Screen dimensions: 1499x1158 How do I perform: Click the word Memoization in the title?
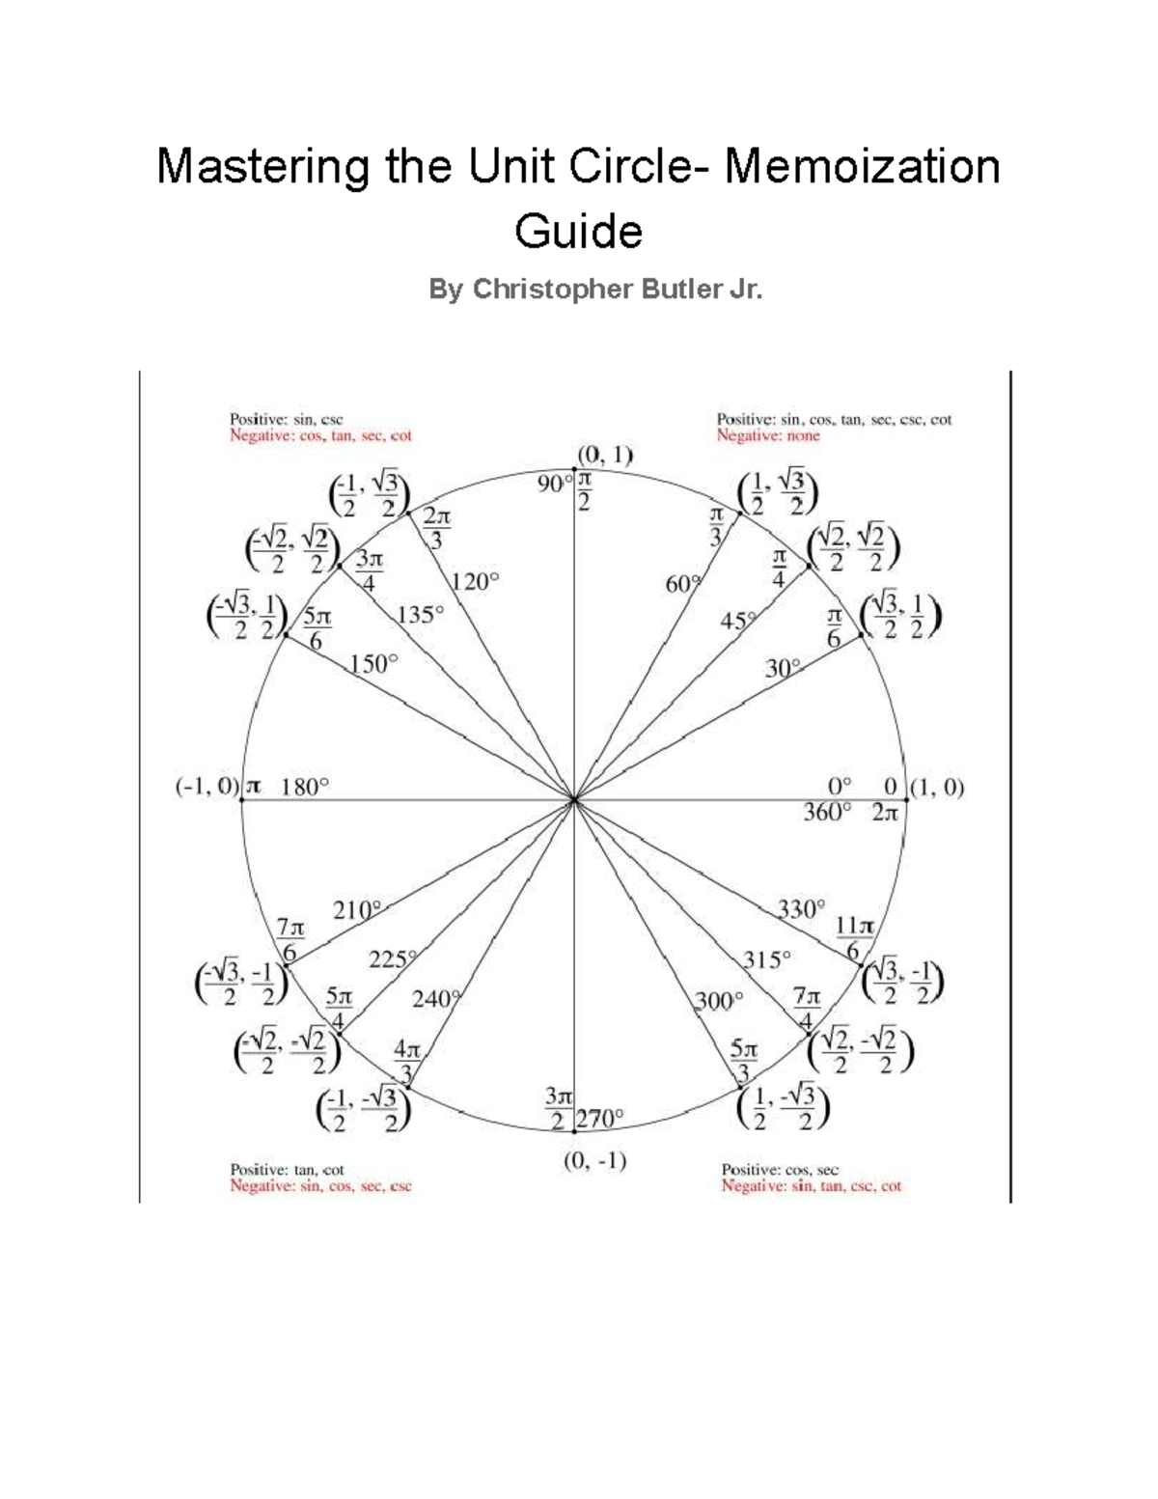pyautogui.click(x=862, y=166)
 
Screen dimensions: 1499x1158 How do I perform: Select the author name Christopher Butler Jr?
pyautogui.click(x=618, y=290)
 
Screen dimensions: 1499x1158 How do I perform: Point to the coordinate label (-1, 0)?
pyautogui.click(x=207, y=787)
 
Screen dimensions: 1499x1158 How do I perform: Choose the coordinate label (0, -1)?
pyautogui.click(x=594, y=1161)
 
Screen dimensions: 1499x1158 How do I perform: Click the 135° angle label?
pyautogui.click(x=420, y=614)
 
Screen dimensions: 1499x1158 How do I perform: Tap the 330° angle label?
pyautogui.click(x=801, y=909)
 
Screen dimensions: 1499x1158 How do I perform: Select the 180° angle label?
pyautogui.click(x=305, y=787)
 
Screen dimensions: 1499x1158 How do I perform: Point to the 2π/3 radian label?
pyautogui.click(x=436, y=529)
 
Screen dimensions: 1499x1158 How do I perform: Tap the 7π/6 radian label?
pyautogui.click(x=289, y=939)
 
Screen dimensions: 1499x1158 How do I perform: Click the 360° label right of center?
pyautogui.click(x=827, y=813)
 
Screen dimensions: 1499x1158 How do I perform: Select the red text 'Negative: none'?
pyautogui.click(x=767, y=436)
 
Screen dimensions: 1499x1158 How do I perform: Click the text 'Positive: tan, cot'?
pyautogui.click(x=287, y=1170)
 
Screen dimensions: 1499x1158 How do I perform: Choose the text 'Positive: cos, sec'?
pyautogui.click(x=780, y=1170)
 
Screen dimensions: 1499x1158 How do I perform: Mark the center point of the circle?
pyautogui.click(x=574, y=799)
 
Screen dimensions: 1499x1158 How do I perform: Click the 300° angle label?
pyautogui.click(x=719, y=1001)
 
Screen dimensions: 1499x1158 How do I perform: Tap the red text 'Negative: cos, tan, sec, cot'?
pyautogui.click(x=320, y=436)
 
